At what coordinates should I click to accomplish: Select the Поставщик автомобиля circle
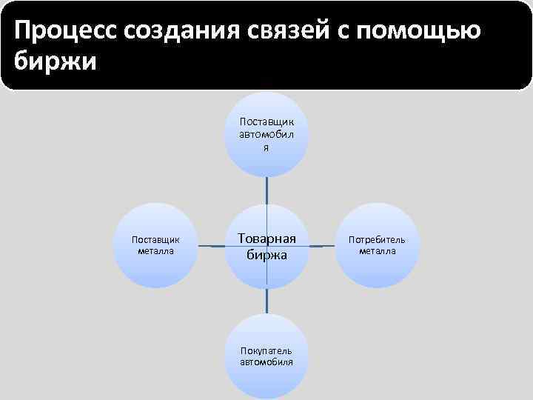coord(266,134)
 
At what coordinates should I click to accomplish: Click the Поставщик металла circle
coord(155,245)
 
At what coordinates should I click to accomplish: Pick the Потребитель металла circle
coord(378,245)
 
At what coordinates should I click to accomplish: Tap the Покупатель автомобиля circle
coord(266,356)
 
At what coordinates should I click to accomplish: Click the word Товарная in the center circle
coord(266,238)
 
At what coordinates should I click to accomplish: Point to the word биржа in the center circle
coord(266,255)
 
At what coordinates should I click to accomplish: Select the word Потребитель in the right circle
coord(378,240)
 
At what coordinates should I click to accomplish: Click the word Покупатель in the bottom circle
coord(266,350)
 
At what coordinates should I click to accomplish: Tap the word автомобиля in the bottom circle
coord(266,361)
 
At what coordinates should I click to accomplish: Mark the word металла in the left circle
coord(155,250)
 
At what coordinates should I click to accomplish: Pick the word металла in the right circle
coord(378,250)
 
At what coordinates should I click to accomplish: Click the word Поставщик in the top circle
coord(266,119)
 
